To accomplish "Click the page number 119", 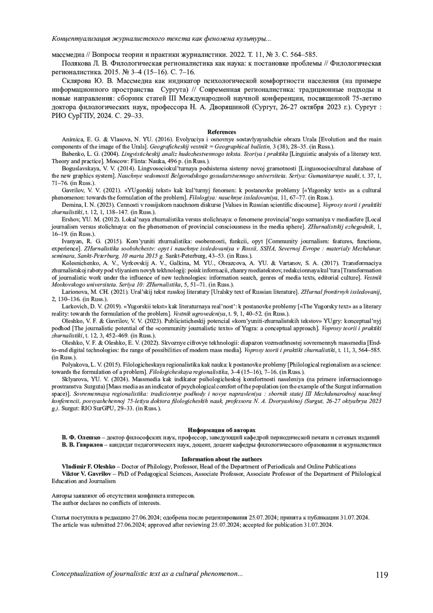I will coord(382,574).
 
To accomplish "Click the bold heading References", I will coord(222,132).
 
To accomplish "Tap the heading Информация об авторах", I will coord(222,430).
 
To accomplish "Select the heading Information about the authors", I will coord(222,459).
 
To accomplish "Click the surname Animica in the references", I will coord(72,139).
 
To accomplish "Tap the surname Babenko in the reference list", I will coord(73,154).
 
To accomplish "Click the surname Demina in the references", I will coord(71,205).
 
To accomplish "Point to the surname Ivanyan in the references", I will coord(71,241).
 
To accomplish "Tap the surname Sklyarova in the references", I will coord(73,379).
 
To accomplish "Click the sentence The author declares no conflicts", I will coord(106,503).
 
